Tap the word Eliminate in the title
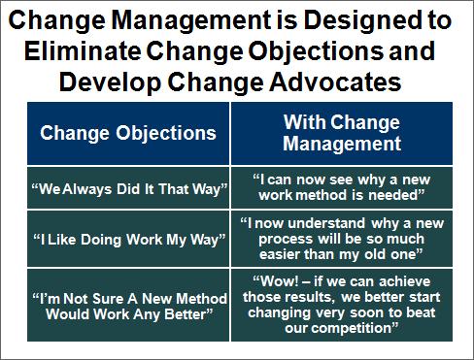point(83,51)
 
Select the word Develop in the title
point(110,83)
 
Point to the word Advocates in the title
point(335,82)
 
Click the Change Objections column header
point(128,133)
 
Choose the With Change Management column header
point(342,133)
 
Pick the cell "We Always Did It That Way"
point(128,187)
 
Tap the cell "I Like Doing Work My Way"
point(128,239)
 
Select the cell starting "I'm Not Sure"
point(128,305)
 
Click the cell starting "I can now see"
point(342,187)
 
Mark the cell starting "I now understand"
point(342,239)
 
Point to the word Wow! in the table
point(280,281)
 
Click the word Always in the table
point(87,189)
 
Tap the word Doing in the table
point(101,240)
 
